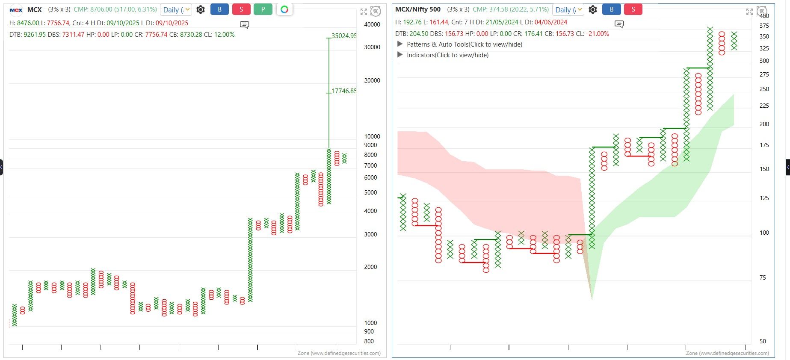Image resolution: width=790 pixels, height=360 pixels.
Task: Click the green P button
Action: click(x=263, y=9)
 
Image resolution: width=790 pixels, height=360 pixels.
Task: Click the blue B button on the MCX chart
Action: click(x=219, y=9)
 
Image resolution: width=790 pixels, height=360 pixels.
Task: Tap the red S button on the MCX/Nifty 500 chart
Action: click(x=633, y=9)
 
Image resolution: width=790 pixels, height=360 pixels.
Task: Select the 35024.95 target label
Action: click(x=344, y=36)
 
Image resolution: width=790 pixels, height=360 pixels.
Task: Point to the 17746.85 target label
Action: click(x=344, y=91)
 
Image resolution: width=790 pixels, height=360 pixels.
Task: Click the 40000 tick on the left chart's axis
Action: click(x=372, y=25)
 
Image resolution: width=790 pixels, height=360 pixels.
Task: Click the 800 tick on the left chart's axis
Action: click(x=369, y=341)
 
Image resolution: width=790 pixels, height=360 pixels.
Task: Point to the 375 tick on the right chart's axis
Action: click(x=764, y=26)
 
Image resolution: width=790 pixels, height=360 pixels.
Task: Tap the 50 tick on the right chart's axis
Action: click(x=763, y=341)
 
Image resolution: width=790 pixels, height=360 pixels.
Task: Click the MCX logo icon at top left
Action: click(x=16, y=10)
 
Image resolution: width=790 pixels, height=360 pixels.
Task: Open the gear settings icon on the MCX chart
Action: click(x=201, y=9)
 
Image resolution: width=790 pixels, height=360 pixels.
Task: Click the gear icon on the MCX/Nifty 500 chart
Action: click(x=593, y=9)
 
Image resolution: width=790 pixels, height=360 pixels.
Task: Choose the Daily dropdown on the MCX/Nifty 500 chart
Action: click(x=568, y=10)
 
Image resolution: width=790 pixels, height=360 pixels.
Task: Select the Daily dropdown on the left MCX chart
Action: click(x=176, y=10)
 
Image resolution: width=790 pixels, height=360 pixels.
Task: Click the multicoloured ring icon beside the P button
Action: click(x=284, y=9)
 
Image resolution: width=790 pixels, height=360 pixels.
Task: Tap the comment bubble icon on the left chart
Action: click(x=245, y=25)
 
